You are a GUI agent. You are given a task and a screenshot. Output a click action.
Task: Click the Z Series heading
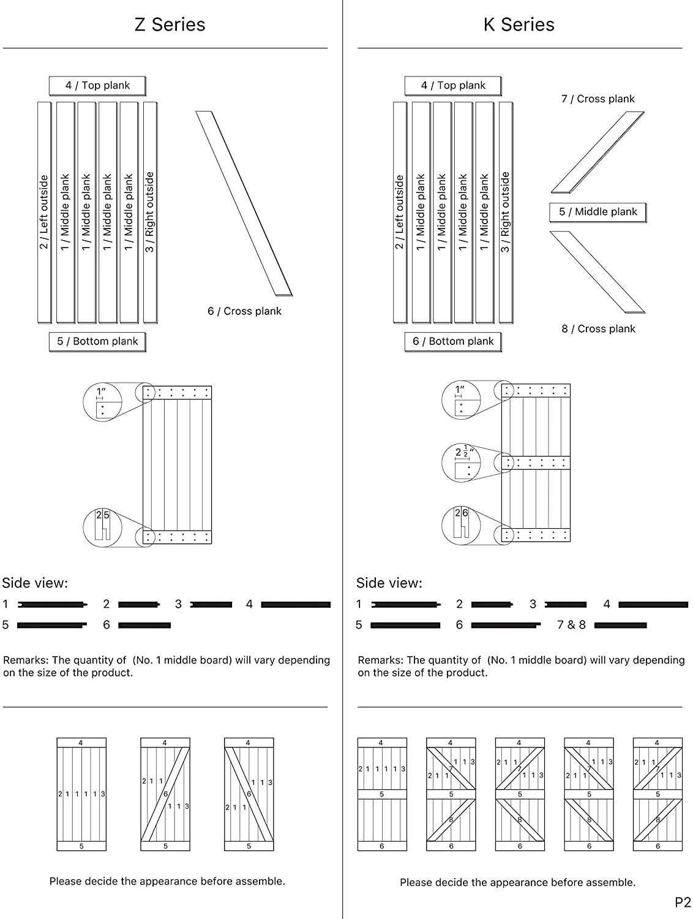[170, 25]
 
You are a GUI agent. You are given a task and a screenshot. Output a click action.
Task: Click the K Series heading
[519, 25]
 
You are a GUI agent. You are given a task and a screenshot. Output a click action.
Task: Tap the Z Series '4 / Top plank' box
[97, 86]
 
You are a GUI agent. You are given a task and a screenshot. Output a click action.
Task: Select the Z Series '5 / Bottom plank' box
[97, 341]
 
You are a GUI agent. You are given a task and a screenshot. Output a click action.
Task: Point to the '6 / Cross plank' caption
[244, 311]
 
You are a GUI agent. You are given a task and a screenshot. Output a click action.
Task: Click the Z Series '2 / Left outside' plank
[44, 212]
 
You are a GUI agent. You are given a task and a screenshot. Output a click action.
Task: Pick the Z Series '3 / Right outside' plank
[150, 212]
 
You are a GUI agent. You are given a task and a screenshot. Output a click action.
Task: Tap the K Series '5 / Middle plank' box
[597, 212]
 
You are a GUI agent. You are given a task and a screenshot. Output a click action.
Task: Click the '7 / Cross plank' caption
[597, 99]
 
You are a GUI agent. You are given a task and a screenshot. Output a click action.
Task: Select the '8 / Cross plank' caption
[598, 329]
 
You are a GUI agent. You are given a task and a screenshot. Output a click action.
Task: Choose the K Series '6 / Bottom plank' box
[453, 341]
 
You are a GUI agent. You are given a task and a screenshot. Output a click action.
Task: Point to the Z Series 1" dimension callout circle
[102, 403]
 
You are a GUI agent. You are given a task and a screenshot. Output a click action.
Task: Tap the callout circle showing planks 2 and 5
[102, 527]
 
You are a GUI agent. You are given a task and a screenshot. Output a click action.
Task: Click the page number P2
[683, 902]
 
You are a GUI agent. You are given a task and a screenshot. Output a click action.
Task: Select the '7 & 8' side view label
[571, 625]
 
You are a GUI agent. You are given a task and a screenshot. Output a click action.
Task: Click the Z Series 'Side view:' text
[35, 583]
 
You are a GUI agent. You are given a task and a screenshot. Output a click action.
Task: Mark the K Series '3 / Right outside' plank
[506, 212]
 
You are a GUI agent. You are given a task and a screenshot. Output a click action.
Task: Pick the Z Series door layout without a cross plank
[81, 794]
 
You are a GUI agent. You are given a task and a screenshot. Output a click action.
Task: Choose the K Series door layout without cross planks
[382, 794]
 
